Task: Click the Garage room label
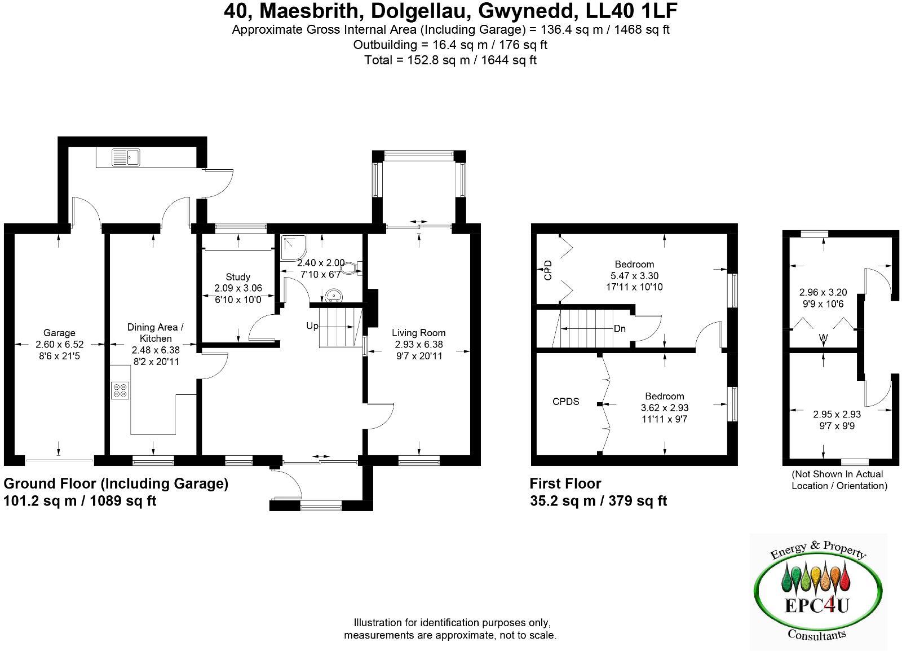pos(59,333)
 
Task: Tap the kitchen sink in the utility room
pos(125,157)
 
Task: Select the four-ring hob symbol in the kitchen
pos(120,390)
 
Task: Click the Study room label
pos(238,277)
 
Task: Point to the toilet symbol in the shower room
pos(353,267)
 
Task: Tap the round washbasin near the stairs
pos(334,296)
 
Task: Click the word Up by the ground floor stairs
pos(312,326)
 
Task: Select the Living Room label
pos(419,333)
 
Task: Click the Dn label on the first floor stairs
pos(620,328)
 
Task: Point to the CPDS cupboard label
pos(565,402)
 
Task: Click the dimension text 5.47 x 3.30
pos(634,276)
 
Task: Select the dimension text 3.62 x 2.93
pos(665,408)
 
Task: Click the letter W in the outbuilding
pos(824,338)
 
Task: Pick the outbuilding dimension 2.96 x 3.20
pos(823,293)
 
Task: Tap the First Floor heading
pos(565,483)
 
